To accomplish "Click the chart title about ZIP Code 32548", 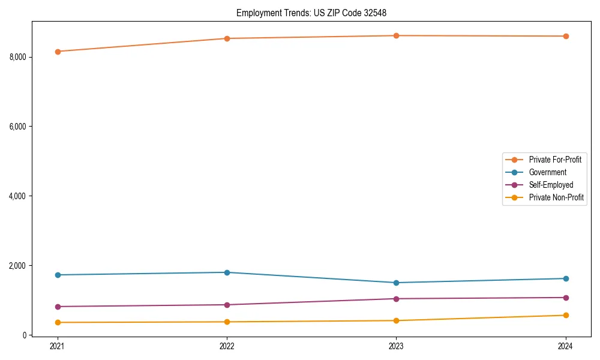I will pyautogui.click(x=315, y=13).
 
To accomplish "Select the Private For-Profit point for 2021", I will pyautogui.click(x=58, y=52).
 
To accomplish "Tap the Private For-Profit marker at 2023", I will pyautogui.click(x=397, y=36).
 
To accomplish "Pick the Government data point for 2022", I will pyautogui.click(x=227, y=272).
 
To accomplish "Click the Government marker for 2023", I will pyautogui.click(x=397, y=283).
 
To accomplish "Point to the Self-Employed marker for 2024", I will pyautogui.click(x=566, y=298).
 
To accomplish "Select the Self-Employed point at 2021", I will pyautogui.click(x=58, y=307).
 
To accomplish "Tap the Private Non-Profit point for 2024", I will pyautogui.click(x=566, y=316).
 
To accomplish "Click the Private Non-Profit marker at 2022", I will pyautogui.click(x=227, y=322).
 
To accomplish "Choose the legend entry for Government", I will pyautogui.click(x=547, y=172).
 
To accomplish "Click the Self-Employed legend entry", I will pyautogui.click(x=551, y=185).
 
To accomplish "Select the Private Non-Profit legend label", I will pyautogui.click(x=556, y=197).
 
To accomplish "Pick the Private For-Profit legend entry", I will pyautogui.click(x=555, y=160).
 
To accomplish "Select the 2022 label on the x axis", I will pyautogui.click(x=227, y=346).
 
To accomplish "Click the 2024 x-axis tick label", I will pyautogui.click(x=566, y=346).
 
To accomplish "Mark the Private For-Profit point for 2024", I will pyautogui.click(x=566, y=37).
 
